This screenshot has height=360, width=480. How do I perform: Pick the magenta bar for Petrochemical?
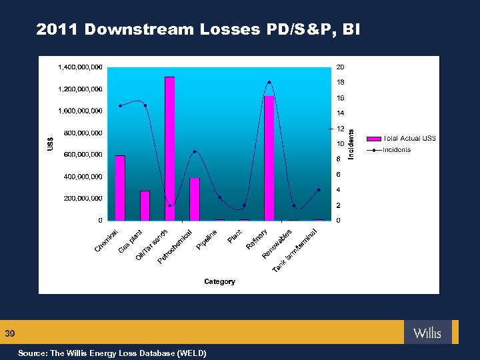195,199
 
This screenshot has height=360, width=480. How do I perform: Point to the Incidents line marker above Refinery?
269,83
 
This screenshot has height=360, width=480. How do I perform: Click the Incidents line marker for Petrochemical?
195,151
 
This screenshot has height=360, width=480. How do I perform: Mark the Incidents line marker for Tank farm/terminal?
319,190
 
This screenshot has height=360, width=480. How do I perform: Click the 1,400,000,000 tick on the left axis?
80,67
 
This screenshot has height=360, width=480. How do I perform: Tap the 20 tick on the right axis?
340,67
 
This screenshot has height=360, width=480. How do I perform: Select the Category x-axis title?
219,282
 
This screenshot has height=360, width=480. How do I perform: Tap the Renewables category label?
277,244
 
